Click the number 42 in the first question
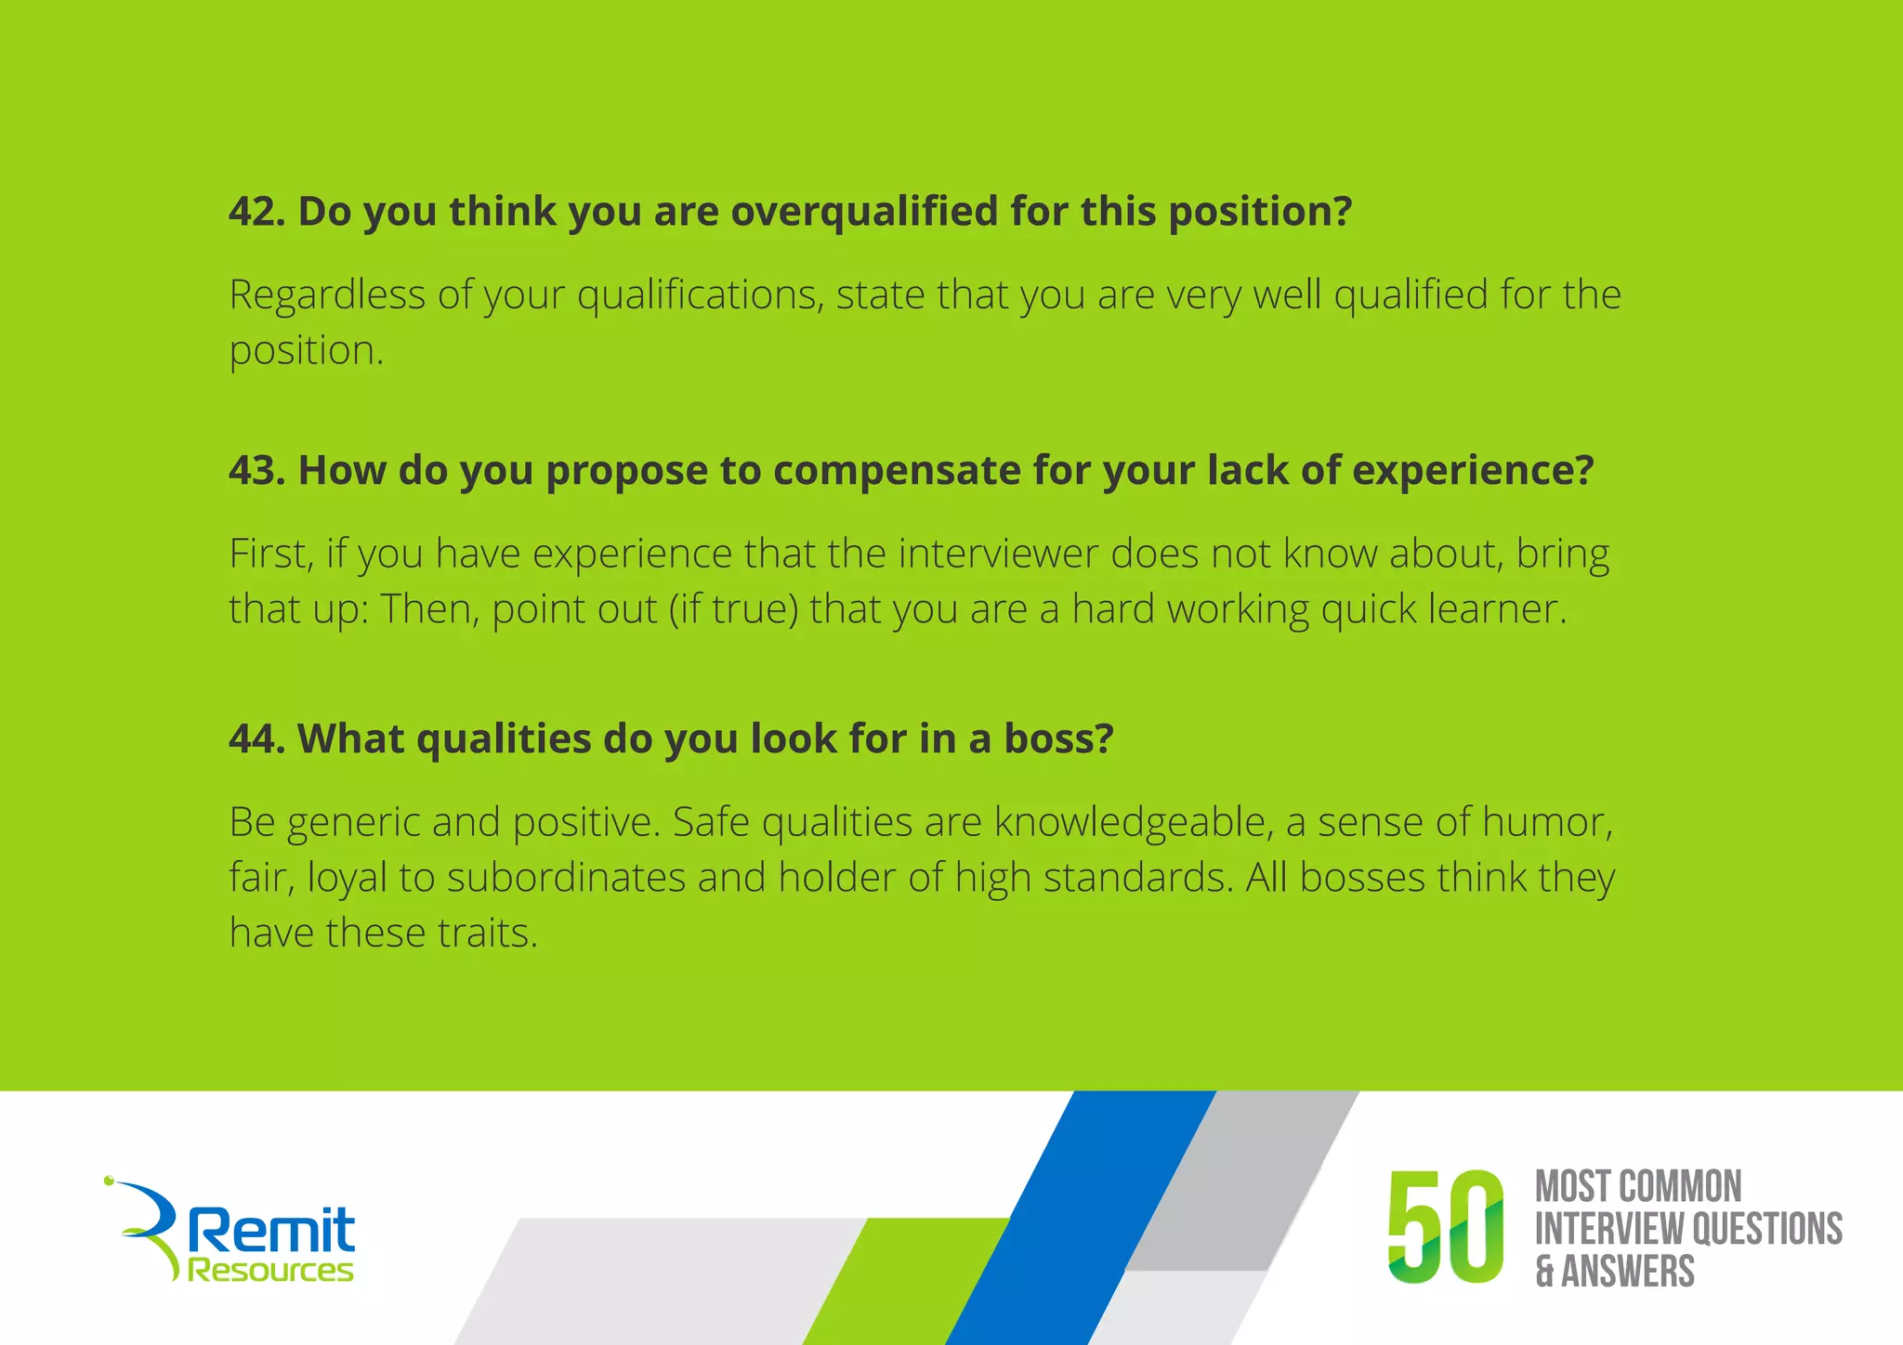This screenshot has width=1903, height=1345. point(252,212)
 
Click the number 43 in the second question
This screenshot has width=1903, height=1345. point(252,471)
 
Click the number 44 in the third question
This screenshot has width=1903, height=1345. point(252,739)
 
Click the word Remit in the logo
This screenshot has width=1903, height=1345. point(271,1231)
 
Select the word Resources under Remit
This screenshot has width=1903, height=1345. point(270,1271)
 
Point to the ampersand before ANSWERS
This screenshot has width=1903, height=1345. point(1544,1272)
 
